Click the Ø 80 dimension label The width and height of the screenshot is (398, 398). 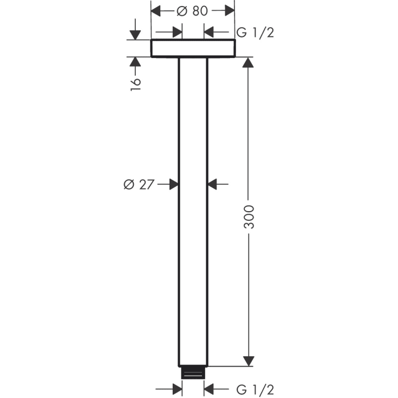tap(192, 11)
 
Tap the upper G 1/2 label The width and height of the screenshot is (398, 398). tap(256, 32)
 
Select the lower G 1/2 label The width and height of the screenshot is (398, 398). tap(256, 389)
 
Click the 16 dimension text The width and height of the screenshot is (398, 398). tap(135, 83)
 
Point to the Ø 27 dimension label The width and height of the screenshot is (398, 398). tap(138, 185)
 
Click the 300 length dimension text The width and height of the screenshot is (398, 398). tap(249, 216)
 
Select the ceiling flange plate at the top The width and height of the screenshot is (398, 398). tap(193, 48)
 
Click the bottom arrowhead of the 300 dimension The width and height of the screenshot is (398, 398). tap(249, 361)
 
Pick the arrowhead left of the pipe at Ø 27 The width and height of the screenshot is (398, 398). tap(173, 185)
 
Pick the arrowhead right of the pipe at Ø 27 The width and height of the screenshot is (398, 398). tap(213, 185)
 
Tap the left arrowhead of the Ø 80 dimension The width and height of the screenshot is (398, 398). tap(156, 11)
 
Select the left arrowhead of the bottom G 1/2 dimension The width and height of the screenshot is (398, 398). tap(177, 389)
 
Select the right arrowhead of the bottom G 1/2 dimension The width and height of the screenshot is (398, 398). tap(210, 389)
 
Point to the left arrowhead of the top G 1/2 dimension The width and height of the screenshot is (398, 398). tap(177, 32)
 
